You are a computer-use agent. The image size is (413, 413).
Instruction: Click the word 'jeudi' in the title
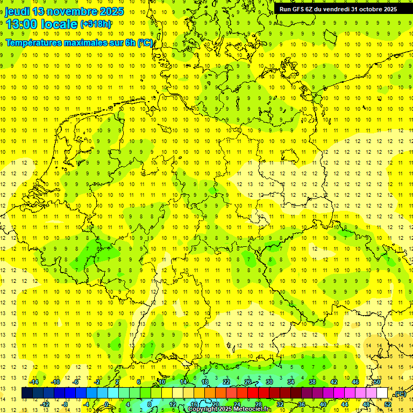click(17, 11)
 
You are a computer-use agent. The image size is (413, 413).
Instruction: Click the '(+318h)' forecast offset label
click(96, 24)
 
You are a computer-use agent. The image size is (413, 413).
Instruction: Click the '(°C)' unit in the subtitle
click(145, 42)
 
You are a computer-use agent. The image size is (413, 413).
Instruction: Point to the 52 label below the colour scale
click(388, 404)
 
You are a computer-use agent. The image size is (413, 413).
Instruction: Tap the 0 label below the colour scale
click(106, 404)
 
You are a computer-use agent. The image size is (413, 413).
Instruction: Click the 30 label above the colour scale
click(269, 382)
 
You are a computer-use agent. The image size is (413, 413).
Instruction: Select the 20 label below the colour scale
click(215, 404)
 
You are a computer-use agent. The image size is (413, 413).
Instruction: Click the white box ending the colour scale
click(382, 393)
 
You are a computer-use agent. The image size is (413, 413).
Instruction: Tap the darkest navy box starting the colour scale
click(27, 393)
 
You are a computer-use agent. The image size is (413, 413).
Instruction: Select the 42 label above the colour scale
click(333, 382)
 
